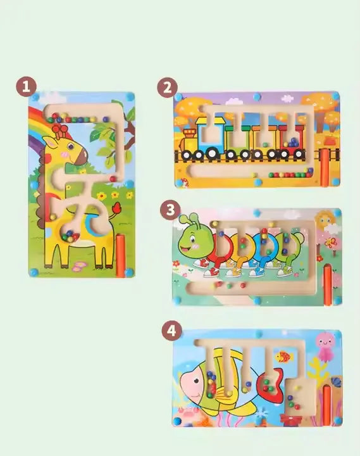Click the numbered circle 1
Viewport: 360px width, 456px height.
click(26, 87)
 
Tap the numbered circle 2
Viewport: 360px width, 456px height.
click(168, 88)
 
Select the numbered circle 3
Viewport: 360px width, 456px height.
click(170, 210)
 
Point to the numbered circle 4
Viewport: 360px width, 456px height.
click(172, 331)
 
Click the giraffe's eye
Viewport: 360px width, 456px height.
click(71, 147)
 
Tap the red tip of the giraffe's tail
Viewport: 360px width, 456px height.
click(118, 207)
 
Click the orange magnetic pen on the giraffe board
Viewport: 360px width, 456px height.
click(120, 256)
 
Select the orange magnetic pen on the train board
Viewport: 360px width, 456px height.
click(324, 167)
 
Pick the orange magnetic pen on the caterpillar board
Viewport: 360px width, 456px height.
click(328, 284)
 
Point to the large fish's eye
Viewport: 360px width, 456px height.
click(197, 380)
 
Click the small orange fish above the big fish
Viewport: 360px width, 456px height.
click(283, 357)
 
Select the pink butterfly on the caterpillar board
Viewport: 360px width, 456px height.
click(331, 243)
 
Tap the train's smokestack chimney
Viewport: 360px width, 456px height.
click(190, 134)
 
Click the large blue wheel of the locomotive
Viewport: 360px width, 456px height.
click(213, 153)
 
